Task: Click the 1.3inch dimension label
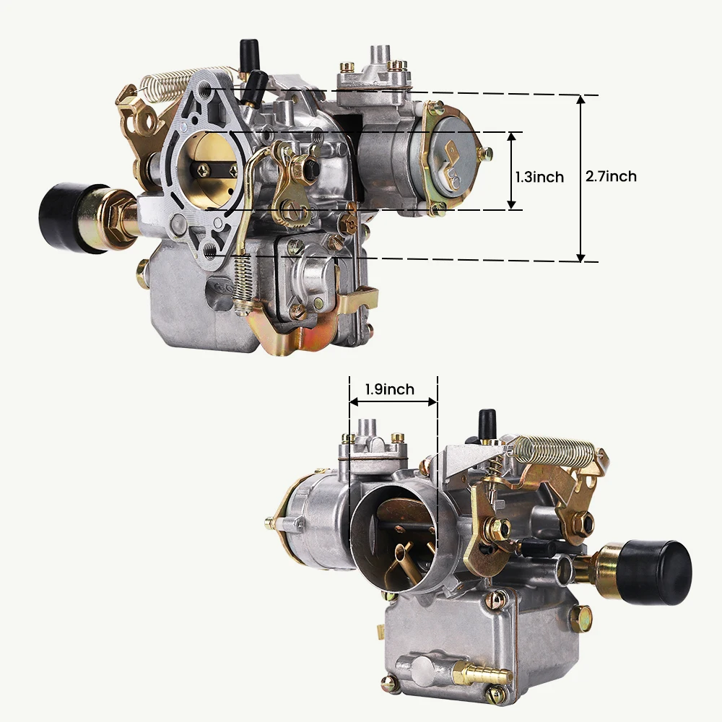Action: [539, 177]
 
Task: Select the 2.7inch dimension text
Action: [611, 176]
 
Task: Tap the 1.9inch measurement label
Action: [389, 390]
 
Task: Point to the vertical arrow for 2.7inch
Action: [580, 178]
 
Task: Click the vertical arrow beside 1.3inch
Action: [511, 171]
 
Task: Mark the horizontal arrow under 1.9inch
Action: [393, 402]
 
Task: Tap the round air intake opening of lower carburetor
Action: [395, 534]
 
